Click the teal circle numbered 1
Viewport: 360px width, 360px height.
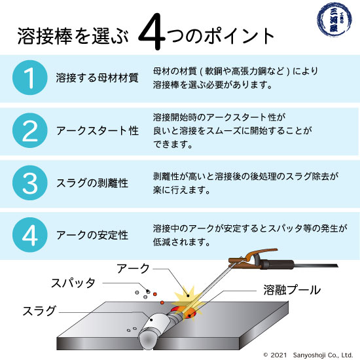point(29,78)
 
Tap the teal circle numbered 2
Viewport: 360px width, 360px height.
point(29,130)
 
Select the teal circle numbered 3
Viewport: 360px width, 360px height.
point(29,183)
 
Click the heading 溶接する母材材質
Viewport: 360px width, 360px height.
point(96,78)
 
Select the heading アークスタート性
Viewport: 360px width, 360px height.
point(96,130)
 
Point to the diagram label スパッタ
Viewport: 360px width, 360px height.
point(73,283)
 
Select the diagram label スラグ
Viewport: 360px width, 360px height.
point(39,309)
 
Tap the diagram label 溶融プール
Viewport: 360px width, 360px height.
point(292,289)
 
